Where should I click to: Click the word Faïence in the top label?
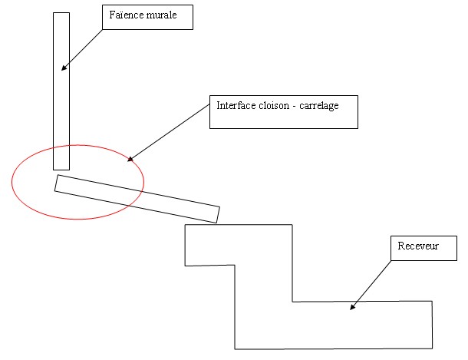pyautogui.click(x=125, y=15)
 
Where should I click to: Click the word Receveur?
pyautogui.click(x=417, y=246)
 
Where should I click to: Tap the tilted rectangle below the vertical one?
pyautogui.click(x=138, y=199)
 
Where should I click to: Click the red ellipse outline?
pyautogui.click(x=12, y=181)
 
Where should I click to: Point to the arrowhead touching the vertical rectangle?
pyautogui.click(x=64, y=68)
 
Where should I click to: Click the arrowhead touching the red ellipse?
pyautogui.click(x=130, y=159)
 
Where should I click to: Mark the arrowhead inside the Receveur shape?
pyautogui.click(x=353, y=308)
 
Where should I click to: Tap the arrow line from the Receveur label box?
pyautogui.click(x=373, y=284)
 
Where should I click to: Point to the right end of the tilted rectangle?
pyautogui.click(x=217, y=214)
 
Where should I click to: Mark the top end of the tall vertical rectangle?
pyautogui.click(x=61, y=14)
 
